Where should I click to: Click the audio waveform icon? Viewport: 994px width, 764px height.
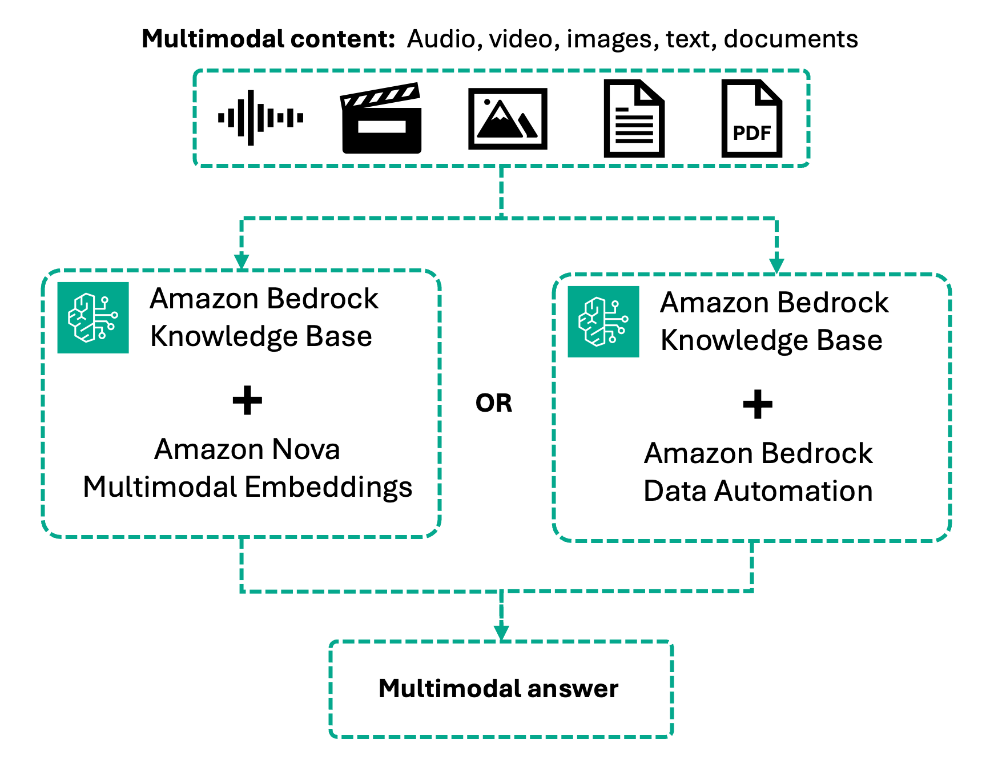pos(260,118)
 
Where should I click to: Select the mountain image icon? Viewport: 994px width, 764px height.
pos(508,119)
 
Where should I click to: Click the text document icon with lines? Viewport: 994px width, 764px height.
pos(634,119)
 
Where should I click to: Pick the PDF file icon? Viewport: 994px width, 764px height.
pos(751,119)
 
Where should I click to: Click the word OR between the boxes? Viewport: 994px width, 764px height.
pos(494,403)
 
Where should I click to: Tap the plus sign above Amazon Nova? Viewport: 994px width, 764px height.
pos(247,400)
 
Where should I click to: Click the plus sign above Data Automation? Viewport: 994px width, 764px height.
pos(757,404)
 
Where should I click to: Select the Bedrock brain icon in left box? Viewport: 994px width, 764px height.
pos(93,317)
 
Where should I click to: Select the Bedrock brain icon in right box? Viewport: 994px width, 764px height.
pos(603,321)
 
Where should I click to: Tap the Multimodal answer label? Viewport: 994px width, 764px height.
pos(498,689)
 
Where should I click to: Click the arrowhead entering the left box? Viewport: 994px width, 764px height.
pos(242,262)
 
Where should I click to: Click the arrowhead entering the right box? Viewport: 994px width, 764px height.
pos(776,266)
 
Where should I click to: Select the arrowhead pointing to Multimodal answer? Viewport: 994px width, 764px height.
pos(501,632)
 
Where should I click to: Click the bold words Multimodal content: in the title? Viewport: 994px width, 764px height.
pos(268,39)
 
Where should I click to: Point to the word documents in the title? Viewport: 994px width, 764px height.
pos(791,39)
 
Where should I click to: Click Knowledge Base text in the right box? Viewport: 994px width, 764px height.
pos(771,341)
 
